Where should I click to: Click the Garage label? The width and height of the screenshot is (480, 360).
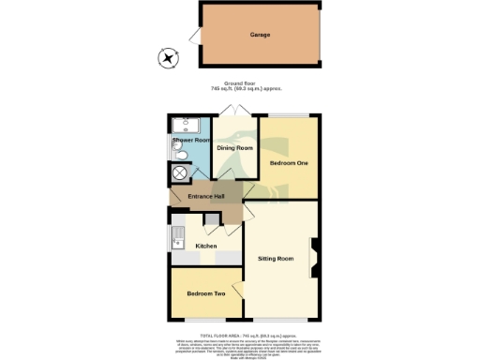pyautogui.click(x=260, y=35)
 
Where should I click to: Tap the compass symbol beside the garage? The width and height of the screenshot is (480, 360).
pyautogui.click(x=168, y=59)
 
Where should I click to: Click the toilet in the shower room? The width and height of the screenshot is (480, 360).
pyautogui.click(x=181, y=157)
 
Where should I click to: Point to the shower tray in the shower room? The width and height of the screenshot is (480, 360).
pyautogui.click(x=183, y=126)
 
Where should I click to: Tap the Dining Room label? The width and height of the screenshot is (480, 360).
pyautogui.click(x=234, y=148)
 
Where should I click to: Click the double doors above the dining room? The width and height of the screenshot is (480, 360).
pyautogui.click(x=234, y=112)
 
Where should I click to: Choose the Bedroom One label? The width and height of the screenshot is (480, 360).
pyautogui.click(x=289, y=163)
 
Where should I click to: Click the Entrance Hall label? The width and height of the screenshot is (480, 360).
pyautogui.click(x=205, y=196)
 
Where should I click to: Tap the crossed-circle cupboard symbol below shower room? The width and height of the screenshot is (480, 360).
pyautogui.click(x=179, y=173)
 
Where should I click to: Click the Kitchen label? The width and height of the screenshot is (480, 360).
pyautogui.click(x=205, y=247)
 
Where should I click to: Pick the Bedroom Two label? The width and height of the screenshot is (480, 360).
pyautogui.click(x=205, y=294)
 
